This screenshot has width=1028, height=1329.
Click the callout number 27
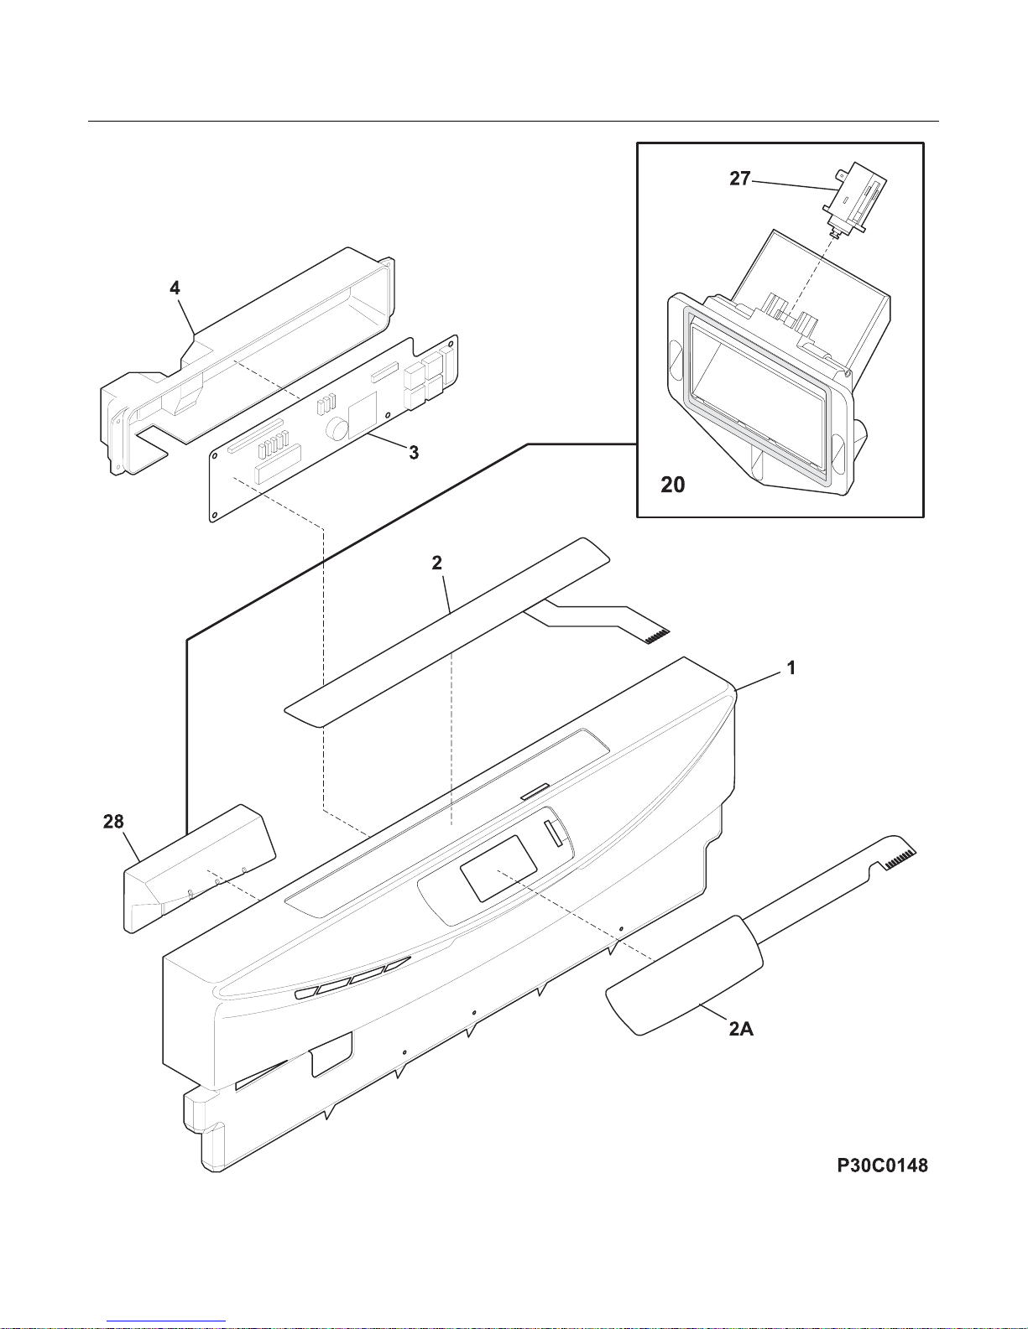click(740, 179)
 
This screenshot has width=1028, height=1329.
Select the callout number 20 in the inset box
click(672, 485)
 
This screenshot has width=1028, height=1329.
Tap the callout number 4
click(175, 288)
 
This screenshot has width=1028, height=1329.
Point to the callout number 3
click(414, 453)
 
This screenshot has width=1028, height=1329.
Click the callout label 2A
click(741, 1030)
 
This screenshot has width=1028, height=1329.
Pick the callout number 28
click(113, 822)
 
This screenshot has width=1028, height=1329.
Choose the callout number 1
click(791, 668)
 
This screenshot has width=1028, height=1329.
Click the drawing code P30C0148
click(882, 1165)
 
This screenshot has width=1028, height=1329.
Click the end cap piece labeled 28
click(199, 869)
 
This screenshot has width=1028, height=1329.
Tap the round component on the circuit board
click(336, 428)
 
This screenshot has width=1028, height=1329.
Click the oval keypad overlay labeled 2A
click(684, 975)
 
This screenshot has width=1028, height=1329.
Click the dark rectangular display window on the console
click(498, 869)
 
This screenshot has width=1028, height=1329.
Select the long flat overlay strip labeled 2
click(447, 632)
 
